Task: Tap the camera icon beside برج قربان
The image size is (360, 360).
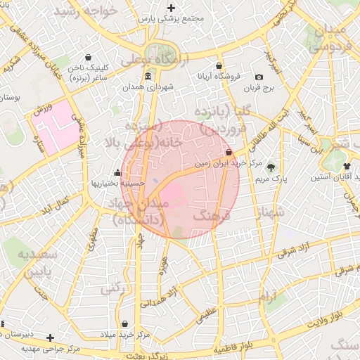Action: point(259,77)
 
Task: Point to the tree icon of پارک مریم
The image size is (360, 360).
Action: point(271,168)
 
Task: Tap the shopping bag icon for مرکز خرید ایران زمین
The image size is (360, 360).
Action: point(229,153)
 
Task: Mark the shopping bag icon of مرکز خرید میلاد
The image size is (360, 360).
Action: point(125,324)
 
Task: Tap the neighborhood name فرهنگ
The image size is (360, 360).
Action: point(211,218)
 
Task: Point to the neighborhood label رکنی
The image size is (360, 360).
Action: point(111,288)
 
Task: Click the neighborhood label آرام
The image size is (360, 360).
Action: point(269,297)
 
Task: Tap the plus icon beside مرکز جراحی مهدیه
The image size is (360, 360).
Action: point(50,337)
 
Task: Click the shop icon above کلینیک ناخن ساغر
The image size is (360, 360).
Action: point(88,58)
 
